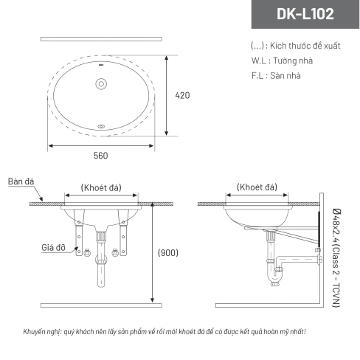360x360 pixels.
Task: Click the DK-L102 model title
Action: click(305, 14)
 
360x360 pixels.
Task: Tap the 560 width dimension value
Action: click(100, 156)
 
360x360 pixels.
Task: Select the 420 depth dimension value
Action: click(182, 95)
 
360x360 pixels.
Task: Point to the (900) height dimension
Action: click(168, 253)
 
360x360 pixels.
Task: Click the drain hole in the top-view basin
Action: click(101, 84)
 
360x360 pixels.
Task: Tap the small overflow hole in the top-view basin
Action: click(101, 126)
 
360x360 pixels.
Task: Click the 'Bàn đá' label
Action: click(21, 181)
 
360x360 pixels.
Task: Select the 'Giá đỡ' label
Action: click(53, 247)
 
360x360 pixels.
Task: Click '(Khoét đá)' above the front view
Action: click(101, 187)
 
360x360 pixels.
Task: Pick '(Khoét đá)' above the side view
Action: click(257, 187)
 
